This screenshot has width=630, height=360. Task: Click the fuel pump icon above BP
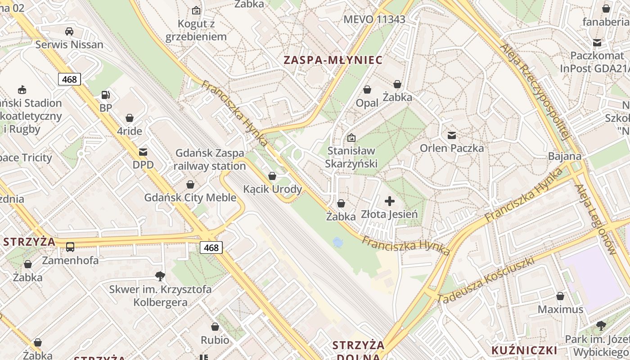coord(106,95)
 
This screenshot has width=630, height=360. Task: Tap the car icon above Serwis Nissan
coord(69,31)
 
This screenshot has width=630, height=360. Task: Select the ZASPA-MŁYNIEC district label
coord(333,60)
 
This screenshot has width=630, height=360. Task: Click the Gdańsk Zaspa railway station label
coord(210,160)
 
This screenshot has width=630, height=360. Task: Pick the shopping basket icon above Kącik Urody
coord(272,176)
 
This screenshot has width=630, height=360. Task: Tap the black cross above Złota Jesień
coord(390,201)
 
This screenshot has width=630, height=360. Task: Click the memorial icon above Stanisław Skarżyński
coord(351,137)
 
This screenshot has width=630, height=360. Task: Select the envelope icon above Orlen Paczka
coord(452,135)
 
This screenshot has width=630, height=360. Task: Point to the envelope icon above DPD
coord(143,152)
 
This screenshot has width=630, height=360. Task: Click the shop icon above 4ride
coord(130,118)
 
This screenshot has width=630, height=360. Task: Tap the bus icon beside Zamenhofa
coord(70,247)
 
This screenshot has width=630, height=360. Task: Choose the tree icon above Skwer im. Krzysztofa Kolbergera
coord(160,276)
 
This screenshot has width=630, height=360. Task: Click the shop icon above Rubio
coord(215,327)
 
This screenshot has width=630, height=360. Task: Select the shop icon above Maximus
coord(560,296)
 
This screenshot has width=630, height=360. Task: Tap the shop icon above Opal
coord(367,90)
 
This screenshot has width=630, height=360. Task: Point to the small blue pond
coord(337,243)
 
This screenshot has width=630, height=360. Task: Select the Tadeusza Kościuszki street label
coord(485,280)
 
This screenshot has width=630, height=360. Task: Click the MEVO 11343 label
coord(374,19)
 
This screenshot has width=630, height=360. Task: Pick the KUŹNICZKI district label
coord(524,350)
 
